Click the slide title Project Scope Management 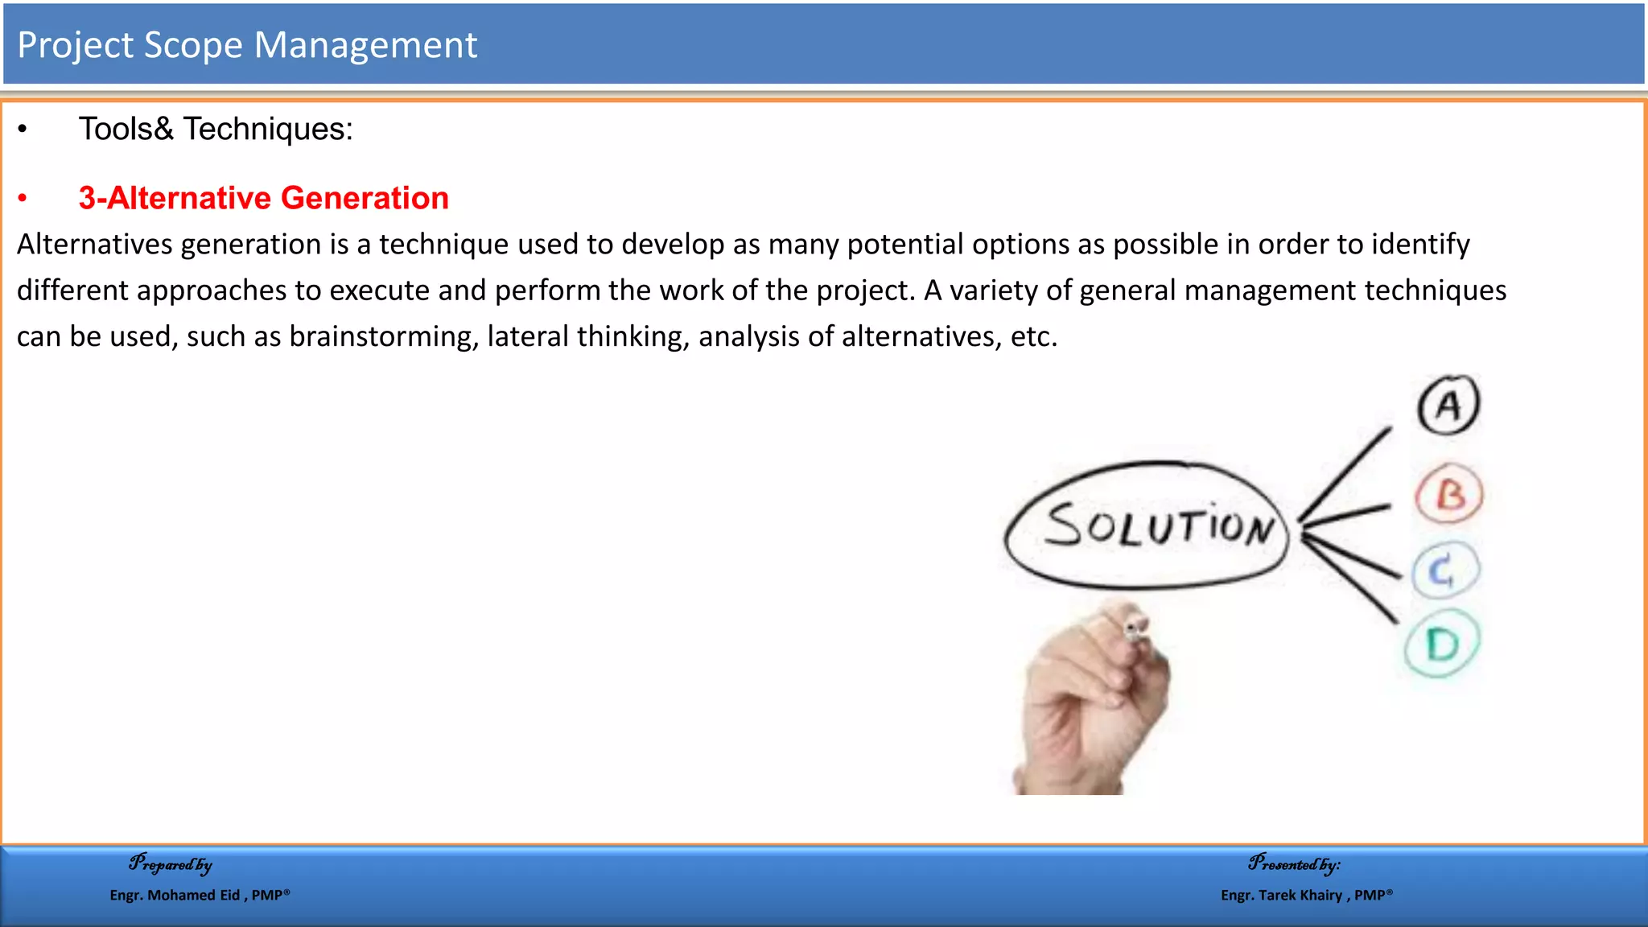click(x=247, y=45)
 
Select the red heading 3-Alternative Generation click(x=263, y=198)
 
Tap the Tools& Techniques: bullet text click(x=216, y=129)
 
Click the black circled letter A click(x=1448, y=405)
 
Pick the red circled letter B click(x=1449, y=494)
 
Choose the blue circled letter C click(x=1444, y=571)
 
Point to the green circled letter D click(x=1442, y=644)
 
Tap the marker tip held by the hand click(x=1135, y=628)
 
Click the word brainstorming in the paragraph click(x=384, y=336)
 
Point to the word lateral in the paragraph click(x=527, y=336)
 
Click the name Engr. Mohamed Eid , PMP click(x=200, y=895)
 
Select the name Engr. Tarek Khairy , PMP click(x=1306, y=895)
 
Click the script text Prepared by click(x=171, y=864)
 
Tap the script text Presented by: click(x=1294, y=864)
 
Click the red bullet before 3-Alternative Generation click(x=23, y=198)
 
